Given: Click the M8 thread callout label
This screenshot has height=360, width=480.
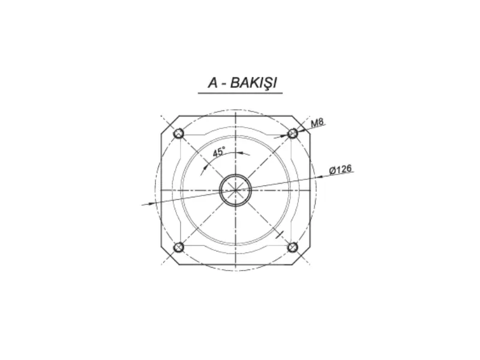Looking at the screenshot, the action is click(x=317, y=123).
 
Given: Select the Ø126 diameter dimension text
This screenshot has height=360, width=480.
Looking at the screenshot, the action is click(x=340, y=169).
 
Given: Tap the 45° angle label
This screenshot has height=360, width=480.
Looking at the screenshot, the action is click(x=219, y=152).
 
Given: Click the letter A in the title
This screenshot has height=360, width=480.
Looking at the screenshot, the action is click(x=213, y=83).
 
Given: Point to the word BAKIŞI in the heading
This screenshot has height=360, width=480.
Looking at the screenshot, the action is click(x=253, y=83).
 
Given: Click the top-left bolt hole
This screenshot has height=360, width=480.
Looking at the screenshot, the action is click(x=178, y=133).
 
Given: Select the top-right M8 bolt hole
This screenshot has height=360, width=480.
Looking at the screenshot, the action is click(x=293, y=133).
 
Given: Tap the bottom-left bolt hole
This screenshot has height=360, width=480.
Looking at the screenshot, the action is click(x=178, y=247).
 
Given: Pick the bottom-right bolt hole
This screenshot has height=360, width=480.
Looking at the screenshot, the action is click(x=293, y=247).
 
